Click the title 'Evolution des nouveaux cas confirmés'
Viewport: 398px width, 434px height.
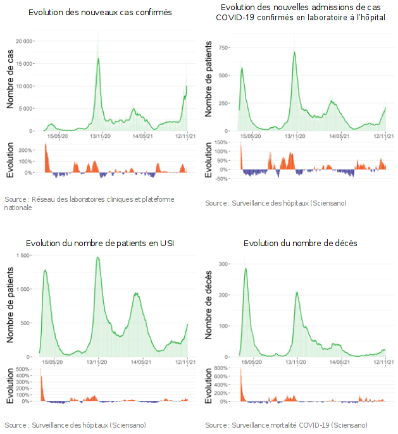(x=100, y=13)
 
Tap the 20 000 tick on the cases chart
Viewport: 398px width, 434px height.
(x=24, y=40)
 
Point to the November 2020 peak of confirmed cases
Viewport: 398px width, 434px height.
(x=98, y=58)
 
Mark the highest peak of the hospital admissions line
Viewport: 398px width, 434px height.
(x=295, y=52)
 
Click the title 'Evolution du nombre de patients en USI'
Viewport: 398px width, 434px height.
(x=100, y=244)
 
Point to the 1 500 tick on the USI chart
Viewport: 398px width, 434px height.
(x=25, y=256)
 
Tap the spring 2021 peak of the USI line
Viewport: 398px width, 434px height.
(x=136, y=294)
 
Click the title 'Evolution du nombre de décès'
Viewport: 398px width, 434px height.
(x=300, y=244)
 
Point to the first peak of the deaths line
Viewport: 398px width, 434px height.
(x=246, y=269)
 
